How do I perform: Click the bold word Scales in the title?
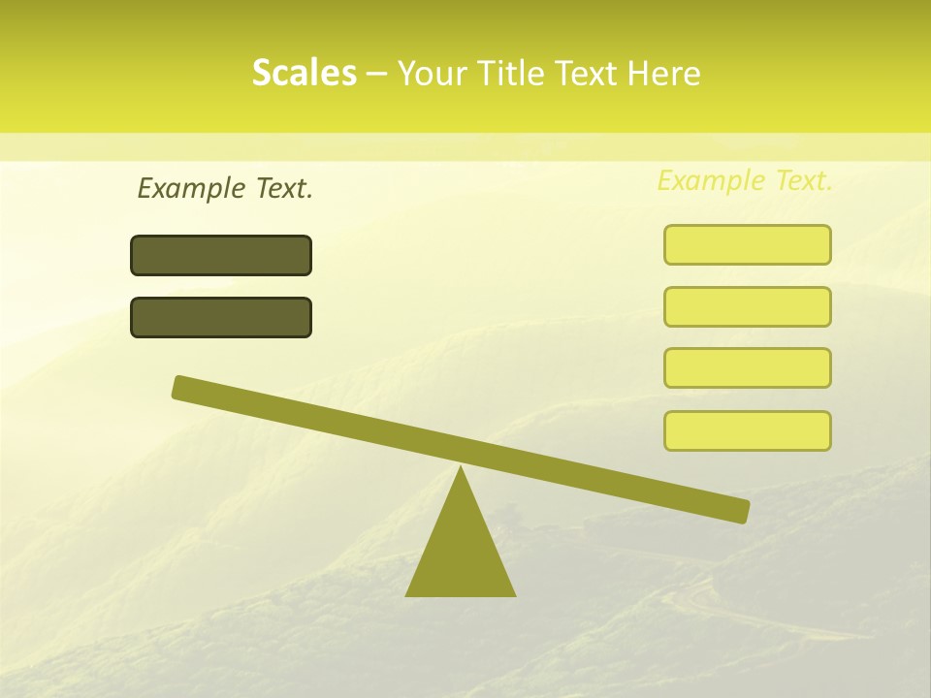[x=304, y=73]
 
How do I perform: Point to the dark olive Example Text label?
[x=225, y=188]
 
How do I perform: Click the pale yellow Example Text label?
[x=745, y=180]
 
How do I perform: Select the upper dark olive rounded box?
[x=221, y=255]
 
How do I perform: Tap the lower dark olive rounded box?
[x=221, y=317]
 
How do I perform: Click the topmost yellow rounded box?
[x=747, y=244]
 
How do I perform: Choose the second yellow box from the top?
[x=747, y=306]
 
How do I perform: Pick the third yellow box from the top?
[x=747, y=367]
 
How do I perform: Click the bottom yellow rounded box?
[x=747, y=430]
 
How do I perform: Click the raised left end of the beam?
[x=182, y=387]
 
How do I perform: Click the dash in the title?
[x=377, y=74]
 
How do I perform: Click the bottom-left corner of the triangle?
[x=407, y=594]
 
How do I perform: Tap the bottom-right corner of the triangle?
[x=513, y=594]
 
